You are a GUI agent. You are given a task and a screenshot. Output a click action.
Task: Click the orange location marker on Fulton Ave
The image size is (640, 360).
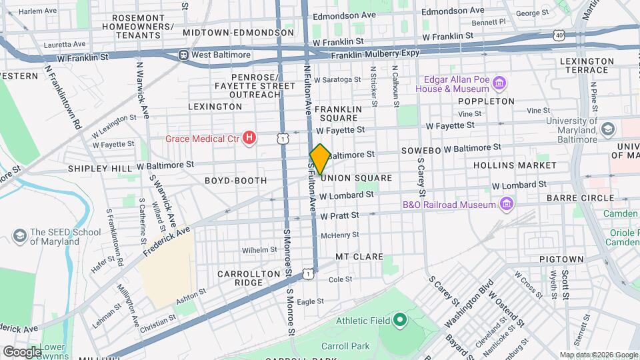pyautogui.click(x=319, y=159)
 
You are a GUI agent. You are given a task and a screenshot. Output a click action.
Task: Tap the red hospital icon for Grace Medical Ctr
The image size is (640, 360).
pyautogui.click(x=249, y=139)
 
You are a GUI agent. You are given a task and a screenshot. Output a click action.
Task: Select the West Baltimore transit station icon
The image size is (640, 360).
pyautogui.click(x=183, y=55)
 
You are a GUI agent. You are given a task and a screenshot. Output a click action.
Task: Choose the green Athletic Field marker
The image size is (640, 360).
pyautogui.click(x=399, y=321)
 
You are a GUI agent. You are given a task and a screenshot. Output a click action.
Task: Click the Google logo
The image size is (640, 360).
pyautogui.click(x=22, y=351)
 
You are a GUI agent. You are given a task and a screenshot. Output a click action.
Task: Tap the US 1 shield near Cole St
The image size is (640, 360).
pyautogui.click(x=307, y=273)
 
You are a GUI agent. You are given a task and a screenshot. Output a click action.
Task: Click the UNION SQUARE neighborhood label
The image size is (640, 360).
pyautogui.click(x=355, y=178)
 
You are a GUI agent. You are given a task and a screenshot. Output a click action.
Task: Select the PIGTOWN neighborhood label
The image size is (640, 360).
pyautogui.click(x=561, y=259)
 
